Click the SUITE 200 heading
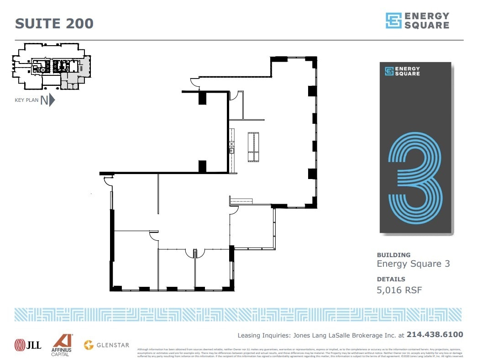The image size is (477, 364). point(54,23)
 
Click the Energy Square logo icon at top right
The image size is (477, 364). point(393,21)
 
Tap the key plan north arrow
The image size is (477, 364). point(52,100)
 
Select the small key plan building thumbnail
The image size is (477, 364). point(51,67)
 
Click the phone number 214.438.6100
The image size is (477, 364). point(435,335)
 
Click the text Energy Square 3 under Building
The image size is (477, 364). point(413,264)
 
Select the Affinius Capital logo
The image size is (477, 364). point(61,345)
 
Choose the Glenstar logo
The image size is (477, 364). point(106,345)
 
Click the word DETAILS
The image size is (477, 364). point(391,279)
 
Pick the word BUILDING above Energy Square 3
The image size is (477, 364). point(393,255)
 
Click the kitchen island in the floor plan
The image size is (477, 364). point(253,147)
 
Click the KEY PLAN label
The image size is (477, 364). point(26,100)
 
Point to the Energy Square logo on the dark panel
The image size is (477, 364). point(402,71)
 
